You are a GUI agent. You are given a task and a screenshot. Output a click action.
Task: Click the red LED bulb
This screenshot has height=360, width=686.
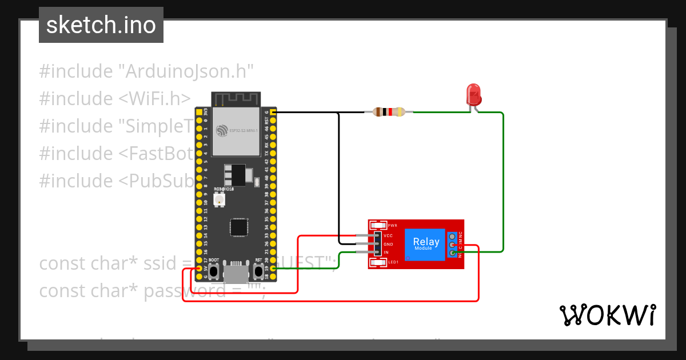pos(473,93)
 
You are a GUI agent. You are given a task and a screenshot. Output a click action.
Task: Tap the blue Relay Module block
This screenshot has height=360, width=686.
pos(426,245)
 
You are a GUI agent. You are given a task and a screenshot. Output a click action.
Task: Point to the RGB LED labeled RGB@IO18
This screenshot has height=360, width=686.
pos(218,199)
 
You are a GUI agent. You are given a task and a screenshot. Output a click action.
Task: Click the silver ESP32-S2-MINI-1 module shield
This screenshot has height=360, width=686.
pos(235,132)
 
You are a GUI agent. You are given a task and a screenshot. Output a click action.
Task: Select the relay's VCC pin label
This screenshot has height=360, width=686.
pos(388,235)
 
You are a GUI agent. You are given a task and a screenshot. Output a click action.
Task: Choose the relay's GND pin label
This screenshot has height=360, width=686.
pos(388,244)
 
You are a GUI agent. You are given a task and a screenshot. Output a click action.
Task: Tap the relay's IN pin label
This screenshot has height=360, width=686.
pos(386,253)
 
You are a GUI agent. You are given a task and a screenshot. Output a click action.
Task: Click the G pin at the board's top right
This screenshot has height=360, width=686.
pos(274,113)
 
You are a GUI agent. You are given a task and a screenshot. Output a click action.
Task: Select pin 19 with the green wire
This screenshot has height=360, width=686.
pos(274,268)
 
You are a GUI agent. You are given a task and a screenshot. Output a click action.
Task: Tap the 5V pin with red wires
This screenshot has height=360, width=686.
pos(199,268)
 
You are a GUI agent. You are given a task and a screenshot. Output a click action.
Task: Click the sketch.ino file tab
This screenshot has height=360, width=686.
pos(101,25)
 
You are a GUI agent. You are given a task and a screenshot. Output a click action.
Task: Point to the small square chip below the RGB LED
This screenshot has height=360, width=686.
pos(238,227)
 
